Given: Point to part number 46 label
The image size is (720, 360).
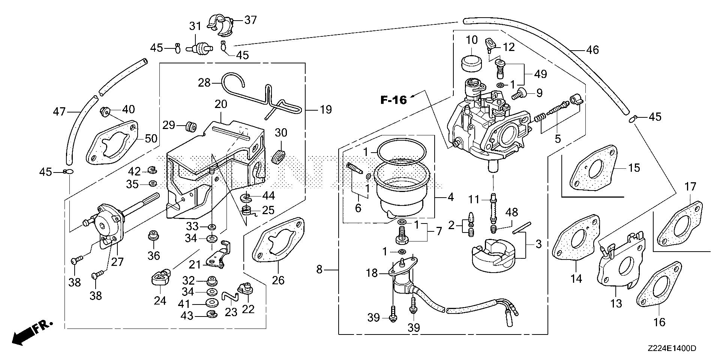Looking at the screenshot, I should click(x=592, y=49).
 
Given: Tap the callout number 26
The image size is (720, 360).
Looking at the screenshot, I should click(x=278, y=280).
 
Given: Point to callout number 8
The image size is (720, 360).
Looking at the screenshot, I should click(x=319, y=269).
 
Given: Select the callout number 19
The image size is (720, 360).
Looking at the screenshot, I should click(x=326, y=110).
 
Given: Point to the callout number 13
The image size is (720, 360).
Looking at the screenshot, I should click(x=616, y=303).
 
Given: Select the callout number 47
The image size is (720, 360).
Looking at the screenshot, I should click(x=59, y=111).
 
